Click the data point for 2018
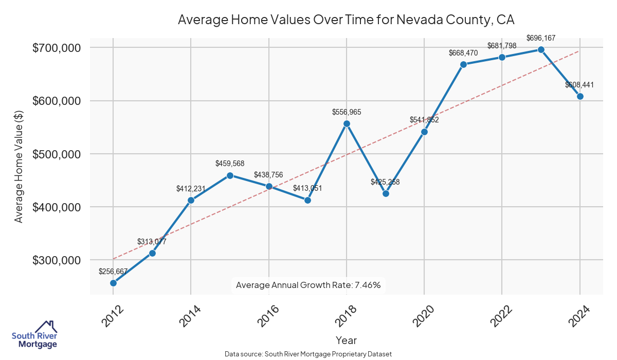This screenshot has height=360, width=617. click(347, 123)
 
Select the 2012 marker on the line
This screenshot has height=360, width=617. click(113, 283)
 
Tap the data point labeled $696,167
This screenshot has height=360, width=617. click(541, 49)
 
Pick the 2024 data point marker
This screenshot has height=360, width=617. click(580, 96)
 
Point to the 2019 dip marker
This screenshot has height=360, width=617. click(386, 193)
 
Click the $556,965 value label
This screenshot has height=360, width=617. click(347, 112)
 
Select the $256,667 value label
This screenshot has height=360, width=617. click(113, 271)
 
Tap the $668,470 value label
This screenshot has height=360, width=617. click(463, 52)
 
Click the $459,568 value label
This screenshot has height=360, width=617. click(230, 163)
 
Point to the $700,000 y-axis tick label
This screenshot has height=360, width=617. click(57, 48)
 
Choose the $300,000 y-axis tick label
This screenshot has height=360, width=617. click(57, 260)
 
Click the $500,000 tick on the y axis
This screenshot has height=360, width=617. click(57, 154)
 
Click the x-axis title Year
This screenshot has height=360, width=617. click(346, 340)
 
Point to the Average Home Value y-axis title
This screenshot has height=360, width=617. click(19, 166)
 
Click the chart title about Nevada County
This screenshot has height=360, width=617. click(346, 20)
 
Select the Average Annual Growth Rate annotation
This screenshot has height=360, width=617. click(308, 285)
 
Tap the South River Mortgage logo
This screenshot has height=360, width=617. click(34, 335)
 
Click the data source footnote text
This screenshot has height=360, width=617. click(308, 354)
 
